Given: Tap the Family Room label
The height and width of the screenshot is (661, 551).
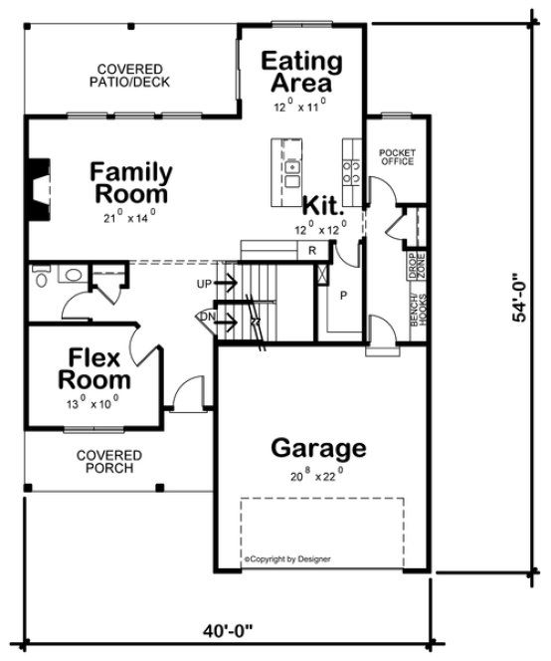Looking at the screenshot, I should (131, 182).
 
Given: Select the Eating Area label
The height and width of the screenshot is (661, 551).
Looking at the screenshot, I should (300, 72).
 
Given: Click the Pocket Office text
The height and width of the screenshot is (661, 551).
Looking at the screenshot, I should (397, 157).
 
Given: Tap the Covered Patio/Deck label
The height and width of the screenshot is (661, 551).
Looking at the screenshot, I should (131, 76).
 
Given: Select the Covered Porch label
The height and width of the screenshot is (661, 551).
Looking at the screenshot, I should (108, 461).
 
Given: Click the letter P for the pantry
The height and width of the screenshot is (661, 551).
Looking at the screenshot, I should (343, 295).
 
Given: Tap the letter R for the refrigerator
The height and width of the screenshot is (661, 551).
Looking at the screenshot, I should (312, 250).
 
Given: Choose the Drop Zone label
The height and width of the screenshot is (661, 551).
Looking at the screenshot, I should (411, 266).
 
